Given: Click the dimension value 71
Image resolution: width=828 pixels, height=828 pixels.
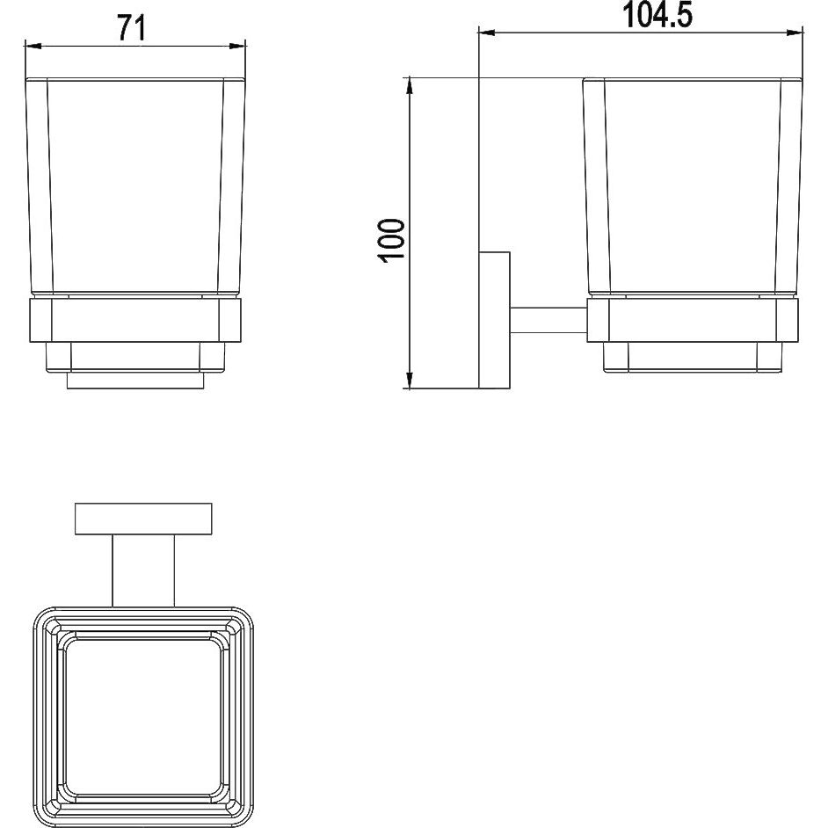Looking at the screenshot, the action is tap(131, 27).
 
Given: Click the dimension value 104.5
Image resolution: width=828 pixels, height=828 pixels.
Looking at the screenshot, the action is tap(658, 15).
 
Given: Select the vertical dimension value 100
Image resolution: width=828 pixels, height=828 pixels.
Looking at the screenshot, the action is tap(392, 239).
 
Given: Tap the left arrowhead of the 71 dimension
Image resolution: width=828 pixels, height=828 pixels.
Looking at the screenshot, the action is tap(33, 47).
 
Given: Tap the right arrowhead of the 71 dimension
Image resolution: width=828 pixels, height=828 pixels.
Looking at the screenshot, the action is tap(238, 47).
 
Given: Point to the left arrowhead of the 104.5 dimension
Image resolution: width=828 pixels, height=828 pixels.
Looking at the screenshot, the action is tap(486, 33).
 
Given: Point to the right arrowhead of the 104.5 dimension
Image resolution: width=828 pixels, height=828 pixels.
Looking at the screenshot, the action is tap(795, 33).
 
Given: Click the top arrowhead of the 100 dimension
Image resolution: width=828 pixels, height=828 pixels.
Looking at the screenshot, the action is tap(410, 86).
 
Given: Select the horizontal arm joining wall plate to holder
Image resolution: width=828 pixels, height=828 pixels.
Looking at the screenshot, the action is tap(548, 321).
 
